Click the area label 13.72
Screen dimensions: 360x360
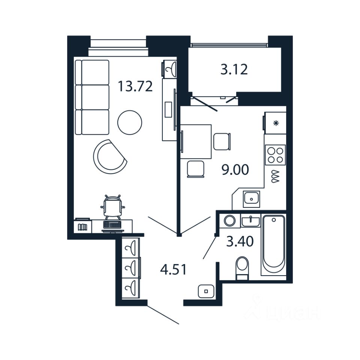135,87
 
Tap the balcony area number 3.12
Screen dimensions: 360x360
234,69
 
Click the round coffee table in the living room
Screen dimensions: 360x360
130,121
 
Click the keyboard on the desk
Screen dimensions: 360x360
112,225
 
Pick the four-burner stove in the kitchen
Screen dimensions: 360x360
275,154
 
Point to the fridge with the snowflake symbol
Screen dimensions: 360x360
276,123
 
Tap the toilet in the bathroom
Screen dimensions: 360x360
242,267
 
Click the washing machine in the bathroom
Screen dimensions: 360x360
229,220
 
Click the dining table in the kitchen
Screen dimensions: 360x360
197,141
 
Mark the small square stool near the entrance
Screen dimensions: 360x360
205,290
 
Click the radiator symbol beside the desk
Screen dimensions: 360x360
82,227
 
